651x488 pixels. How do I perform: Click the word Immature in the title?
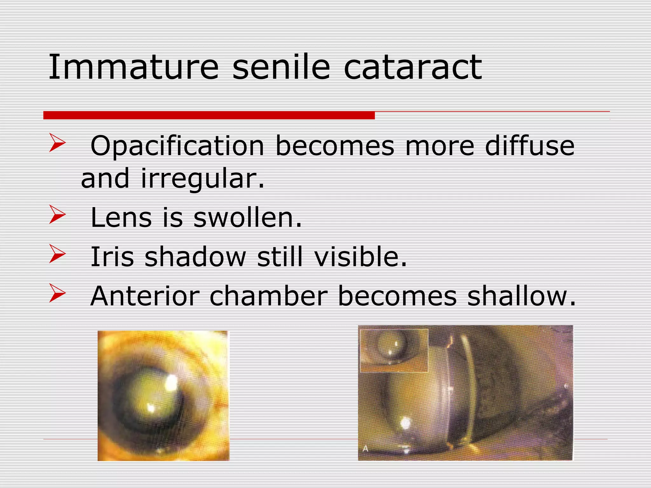click(134, 67)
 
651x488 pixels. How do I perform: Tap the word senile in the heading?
click(281, 67)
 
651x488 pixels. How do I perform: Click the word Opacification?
click(177, 146)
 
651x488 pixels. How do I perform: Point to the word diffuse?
click(530, 146)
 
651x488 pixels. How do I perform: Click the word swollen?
click(247, 218)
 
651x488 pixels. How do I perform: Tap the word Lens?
click(121, 218)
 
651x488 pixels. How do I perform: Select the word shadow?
click(195, 257)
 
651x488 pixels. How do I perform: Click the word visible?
click(360, 257)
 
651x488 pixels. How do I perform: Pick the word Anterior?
click(145, 296)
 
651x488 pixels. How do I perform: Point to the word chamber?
click(269, 296)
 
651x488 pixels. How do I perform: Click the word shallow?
click(521, 296)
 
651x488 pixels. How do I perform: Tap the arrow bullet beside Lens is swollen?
click(57, 215)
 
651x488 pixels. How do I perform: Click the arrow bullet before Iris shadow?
click(57, 254)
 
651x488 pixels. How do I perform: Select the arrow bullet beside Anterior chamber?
click(57, 293)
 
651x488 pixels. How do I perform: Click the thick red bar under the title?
click(209, 115)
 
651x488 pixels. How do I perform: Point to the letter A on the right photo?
click(366, 449)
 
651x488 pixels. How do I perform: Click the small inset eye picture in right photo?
click(394, 350)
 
